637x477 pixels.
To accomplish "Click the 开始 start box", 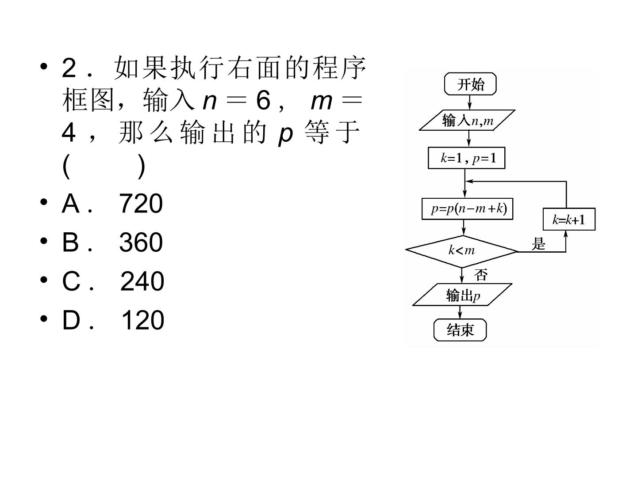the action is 470,84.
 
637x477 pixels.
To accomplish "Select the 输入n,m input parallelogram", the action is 467,120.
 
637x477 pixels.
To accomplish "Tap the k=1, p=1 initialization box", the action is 466,158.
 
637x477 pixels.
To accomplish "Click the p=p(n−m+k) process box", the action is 467,209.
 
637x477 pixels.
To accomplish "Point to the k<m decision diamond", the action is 461,251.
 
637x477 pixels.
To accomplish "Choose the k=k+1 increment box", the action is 569,219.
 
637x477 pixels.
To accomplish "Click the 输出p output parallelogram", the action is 462,295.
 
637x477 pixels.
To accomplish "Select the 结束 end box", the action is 460,330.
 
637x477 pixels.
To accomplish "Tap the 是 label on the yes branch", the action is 538,243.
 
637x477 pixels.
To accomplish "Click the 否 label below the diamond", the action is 480,275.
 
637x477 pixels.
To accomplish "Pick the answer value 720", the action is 141,204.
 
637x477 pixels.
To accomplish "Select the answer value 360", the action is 141,242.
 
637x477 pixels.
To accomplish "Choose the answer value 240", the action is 142,281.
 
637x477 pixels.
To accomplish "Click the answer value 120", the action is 143,320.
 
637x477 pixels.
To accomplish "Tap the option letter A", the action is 70,204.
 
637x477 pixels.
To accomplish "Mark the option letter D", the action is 71,320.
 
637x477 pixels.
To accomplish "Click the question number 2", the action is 69,68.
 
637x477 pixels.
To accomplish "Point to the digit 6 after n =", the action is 264,100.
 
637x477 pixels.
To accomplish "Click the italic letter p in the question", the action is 285,136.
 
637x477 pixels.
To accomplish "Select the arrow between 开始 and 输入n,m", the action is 469,102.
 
